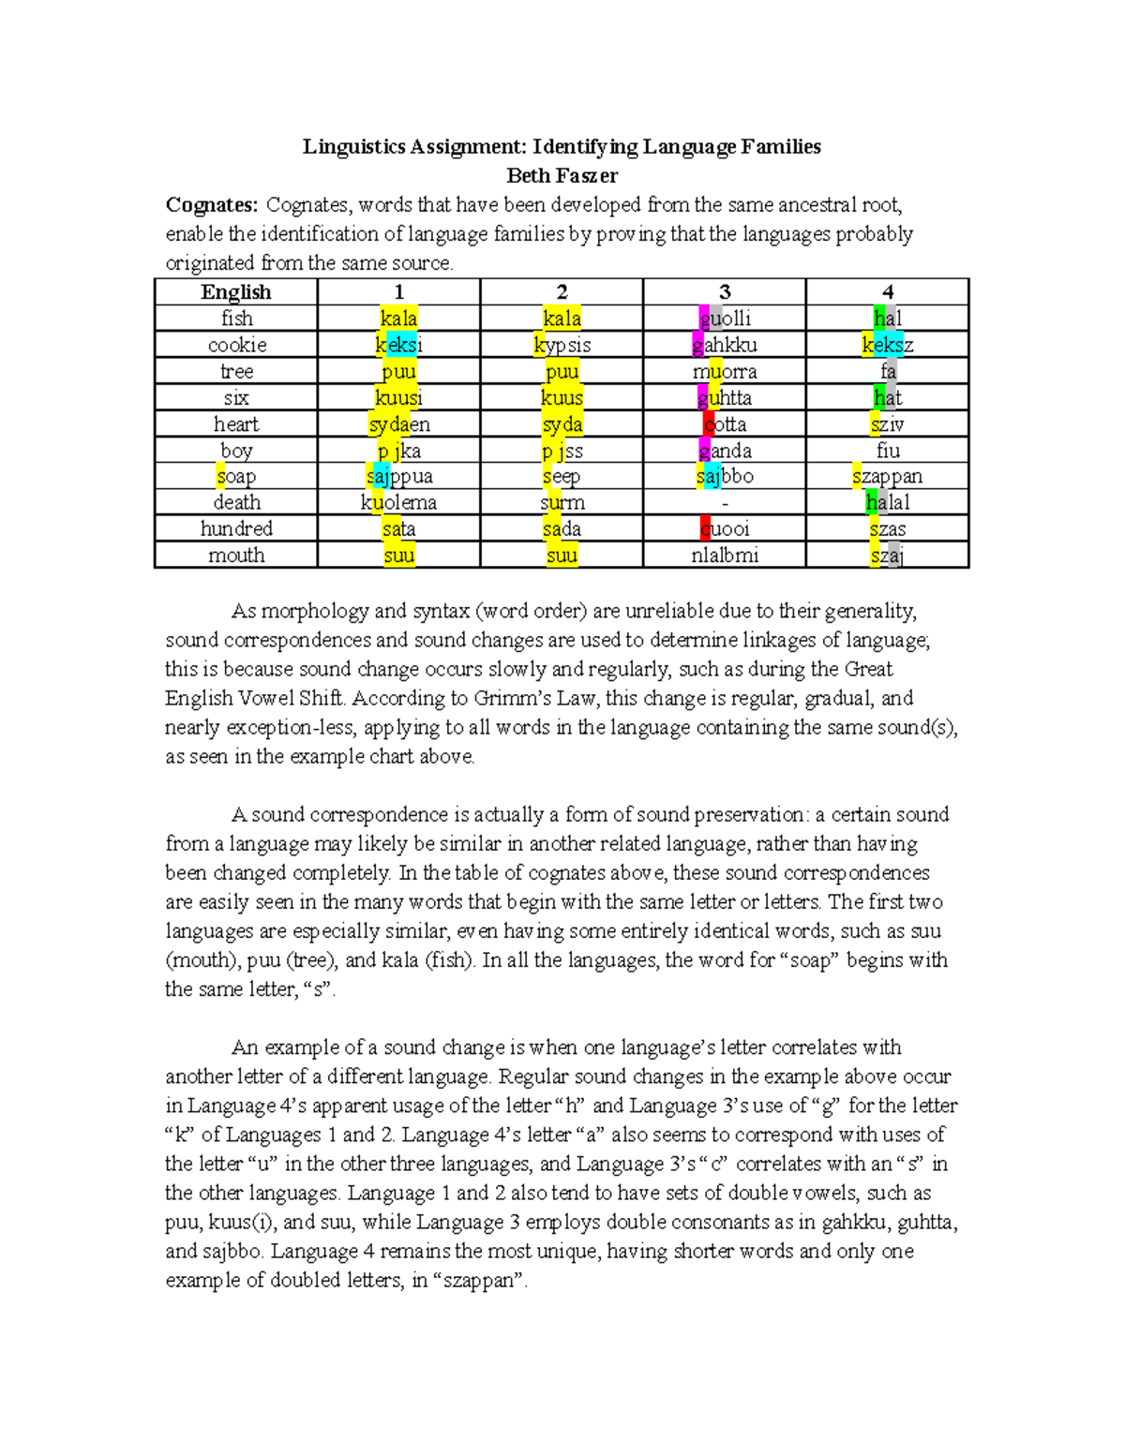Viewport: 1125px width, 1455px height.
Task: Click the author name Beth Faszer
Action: pyautogui.click(x=562, y=175)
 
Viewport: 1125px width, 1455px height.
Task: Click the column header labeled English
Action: pyautogui.click(x=236, y=292)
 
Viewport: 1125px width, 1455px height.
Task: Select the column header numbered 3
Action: pyautogui.click(x=725, y=292)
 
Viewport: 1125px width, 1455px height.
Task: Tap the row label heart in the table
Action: pyautogui.click(x=236, y=424)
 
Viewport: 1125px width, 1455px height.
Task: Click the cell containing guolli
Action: pyautogui.click(x=725, y=319)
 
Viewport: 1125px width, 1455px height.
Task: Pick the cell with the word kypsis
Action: pyautogui.click(x=562, y=345)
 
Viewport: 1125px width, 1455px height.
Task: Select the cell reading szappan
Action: pyautogui.click(x=887, y=477)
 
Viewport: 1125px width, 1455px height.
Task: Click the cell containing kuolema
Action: pyautogui.click(x=398, y=503)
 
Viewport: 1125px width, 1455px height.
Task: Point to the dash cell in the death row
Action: pyautogui.click(x=725, y=503)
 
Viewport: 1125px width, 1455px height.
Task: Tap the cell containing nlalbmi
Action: pyautogui.click(x=725, y=556)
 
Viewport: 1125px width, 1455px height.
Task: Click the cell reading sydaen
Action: pyautogui.click(x=398, y=424)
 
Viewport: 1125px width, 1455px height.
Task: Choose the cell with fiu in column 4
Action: pyautogui.click(x=887, y=451)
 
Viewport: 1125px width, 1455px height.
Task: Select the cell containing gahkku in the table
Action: pyautogui.click(x=725, y=345)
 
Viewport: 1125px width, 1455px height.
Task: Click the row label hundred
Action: pyautogui.click(x=236, y=529)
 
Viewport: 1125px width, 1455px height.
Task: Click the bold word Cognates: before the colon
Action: pyautogui.click(x=211, y=205)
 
